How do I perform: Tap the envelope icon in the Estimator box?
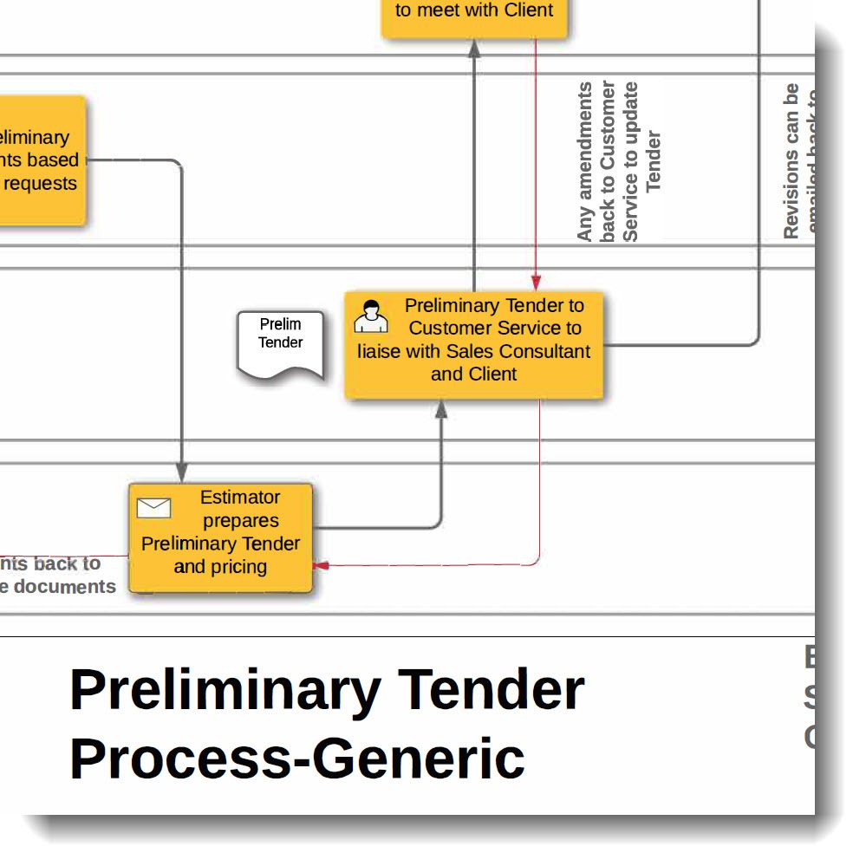tap(154, 508)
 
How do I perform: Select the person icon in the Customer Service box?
tap(371, 316)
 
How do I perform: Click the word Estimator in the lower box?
tap(240, 498)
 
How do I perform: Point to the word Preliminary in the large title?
tap(225, 690)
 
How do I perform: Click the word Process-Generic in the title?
tap(296, 758)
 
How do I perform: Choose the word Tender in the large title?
tap(492, 690)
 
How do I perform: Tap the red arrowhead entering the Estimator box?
tap(321, 565)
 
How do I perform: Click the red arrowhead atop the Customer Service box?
tap(536, 283)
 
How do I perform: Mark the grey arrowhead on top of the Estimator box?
tap(181, 473)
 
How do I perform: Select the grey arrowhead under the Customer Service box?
tap(441, 410)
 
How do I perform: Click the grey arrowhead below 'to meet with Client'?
tap(474, 49)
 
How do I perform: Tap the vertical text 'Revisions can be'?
tap(791, 160)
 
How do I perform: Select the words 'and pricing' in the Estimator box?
tap(220, 567)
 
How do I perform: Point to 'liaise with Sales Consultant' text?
tap(474, 351)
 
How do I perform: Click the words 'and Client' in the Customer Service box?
tap(474, 374)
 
